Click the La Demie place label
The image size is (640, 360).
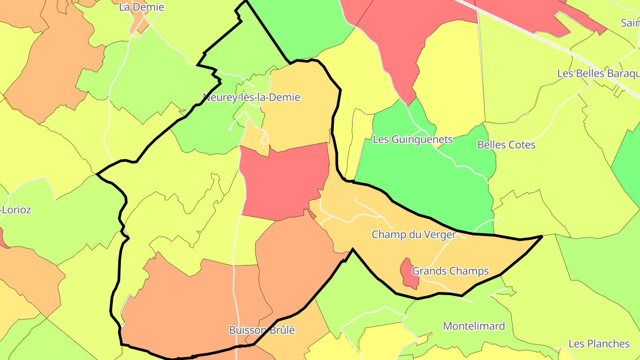click(x=141, y=7)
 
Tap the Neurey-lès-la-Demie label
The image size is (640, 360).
click(x=251, y=97)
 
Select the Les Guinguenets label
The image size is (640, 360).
click(x=412, y=140)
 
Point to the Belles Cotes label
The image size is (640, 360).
click(x=506, y=145)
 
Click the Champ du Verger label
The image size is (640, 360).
click(x=413, y=235)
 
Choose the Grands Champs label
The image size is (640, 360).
click(x=450, y=271)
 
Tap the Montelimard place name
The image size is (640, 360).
click(x=474, y=326)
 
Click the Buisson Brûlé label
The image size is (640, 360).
click(x=262, y=330)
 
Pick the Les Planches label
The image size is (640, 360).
click(x=599, y=344)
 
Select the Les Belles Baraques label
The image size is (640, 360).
click(x=598, y=73)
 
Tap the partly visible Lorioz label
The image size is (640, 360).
click(x=16, y=210)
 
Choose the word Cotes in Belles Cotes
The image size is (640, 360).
click(x=521, y=145)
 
